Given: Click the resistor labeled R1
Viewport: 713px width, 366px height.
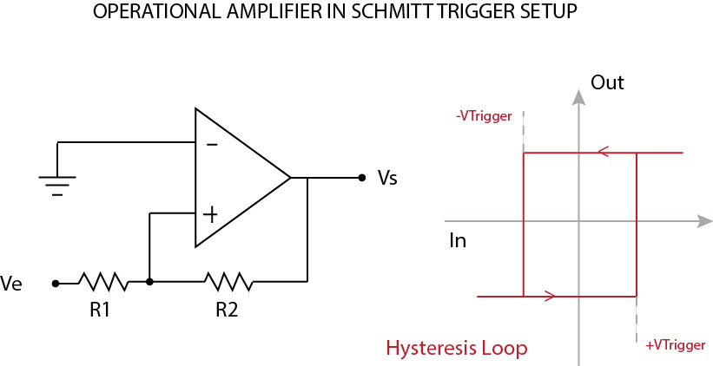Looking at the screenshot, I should point(102,282).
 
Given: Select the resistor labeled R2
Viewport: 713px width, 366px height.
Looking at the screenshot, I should point(228,282).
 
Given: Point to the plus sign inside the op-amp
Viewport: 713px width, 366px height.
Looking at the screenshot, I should point(210,212).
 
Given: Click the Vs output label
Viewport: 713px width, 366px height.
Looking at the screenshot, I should point(387,178).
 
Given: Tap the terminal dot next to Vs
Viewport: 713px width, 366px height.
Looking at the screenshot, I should point(361,178).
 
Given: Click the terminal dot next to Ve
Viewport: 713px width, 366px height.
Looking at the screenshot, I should point(56,283).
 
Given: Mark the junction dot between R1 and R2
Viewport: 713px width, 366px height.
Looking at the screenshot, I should point(150,282).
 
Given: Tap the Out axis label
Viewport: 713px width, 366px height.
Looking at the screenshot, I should point(607,83).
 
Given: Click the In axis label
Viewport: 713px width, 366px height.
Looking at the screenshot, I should point(458,240).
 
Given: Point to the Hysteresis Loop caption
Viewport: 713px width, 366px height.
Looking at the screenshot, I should point(456,348).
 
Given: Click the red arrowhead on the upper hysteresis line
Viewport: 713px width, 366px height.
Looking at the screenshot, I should point(601,153).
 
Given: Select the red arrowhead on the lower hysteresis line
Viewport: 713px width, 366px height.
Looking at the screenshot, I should point(549,297).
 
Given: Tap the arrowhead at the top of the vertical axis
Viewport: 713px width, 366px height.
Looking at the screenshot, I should point(578,96).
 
